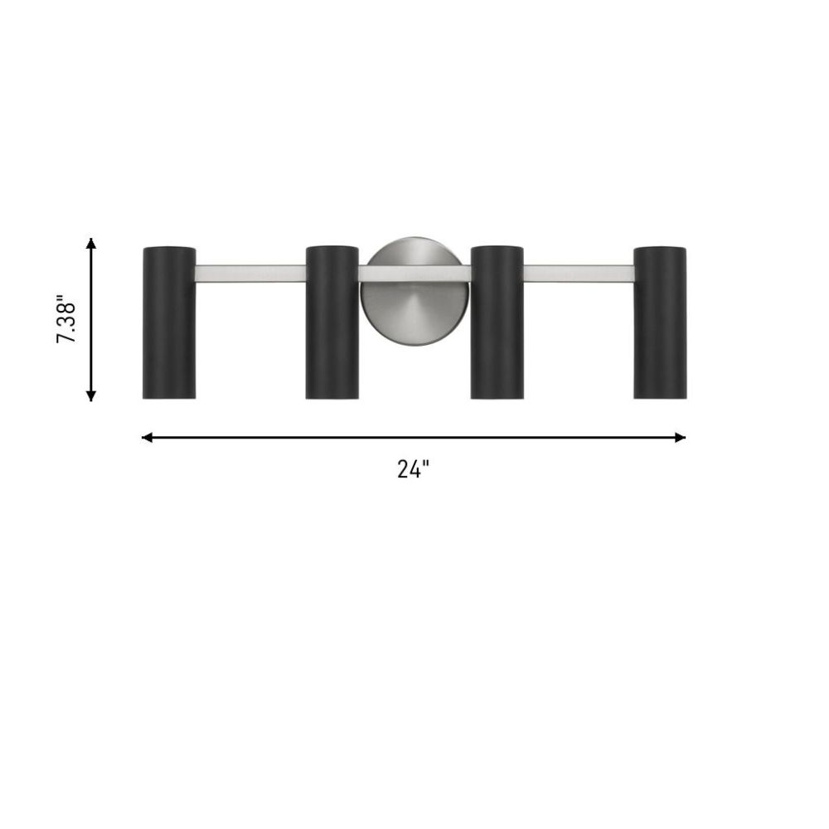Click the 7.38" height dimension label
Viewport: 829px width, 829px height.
tap(67, 319)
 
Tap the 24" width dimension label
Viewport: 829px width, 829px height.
tap(414, 469)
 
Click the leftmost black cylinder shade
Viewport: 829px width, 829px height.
tap(169, 322)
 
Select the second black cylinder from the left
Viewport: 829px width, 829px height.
tap(332, 322)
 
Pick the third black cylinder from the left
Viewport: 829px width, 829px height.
tap(497, 322)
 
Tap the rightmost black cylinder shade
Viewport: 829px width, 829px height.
tap(661, 322)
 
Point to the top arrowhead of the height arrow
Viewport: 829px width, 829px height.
tap(91, 243)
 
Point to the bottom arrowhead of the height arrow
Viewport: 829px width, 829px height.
tap(91, 395)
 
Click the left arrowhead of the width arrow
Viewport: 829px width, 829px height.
tap(147, 437)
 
